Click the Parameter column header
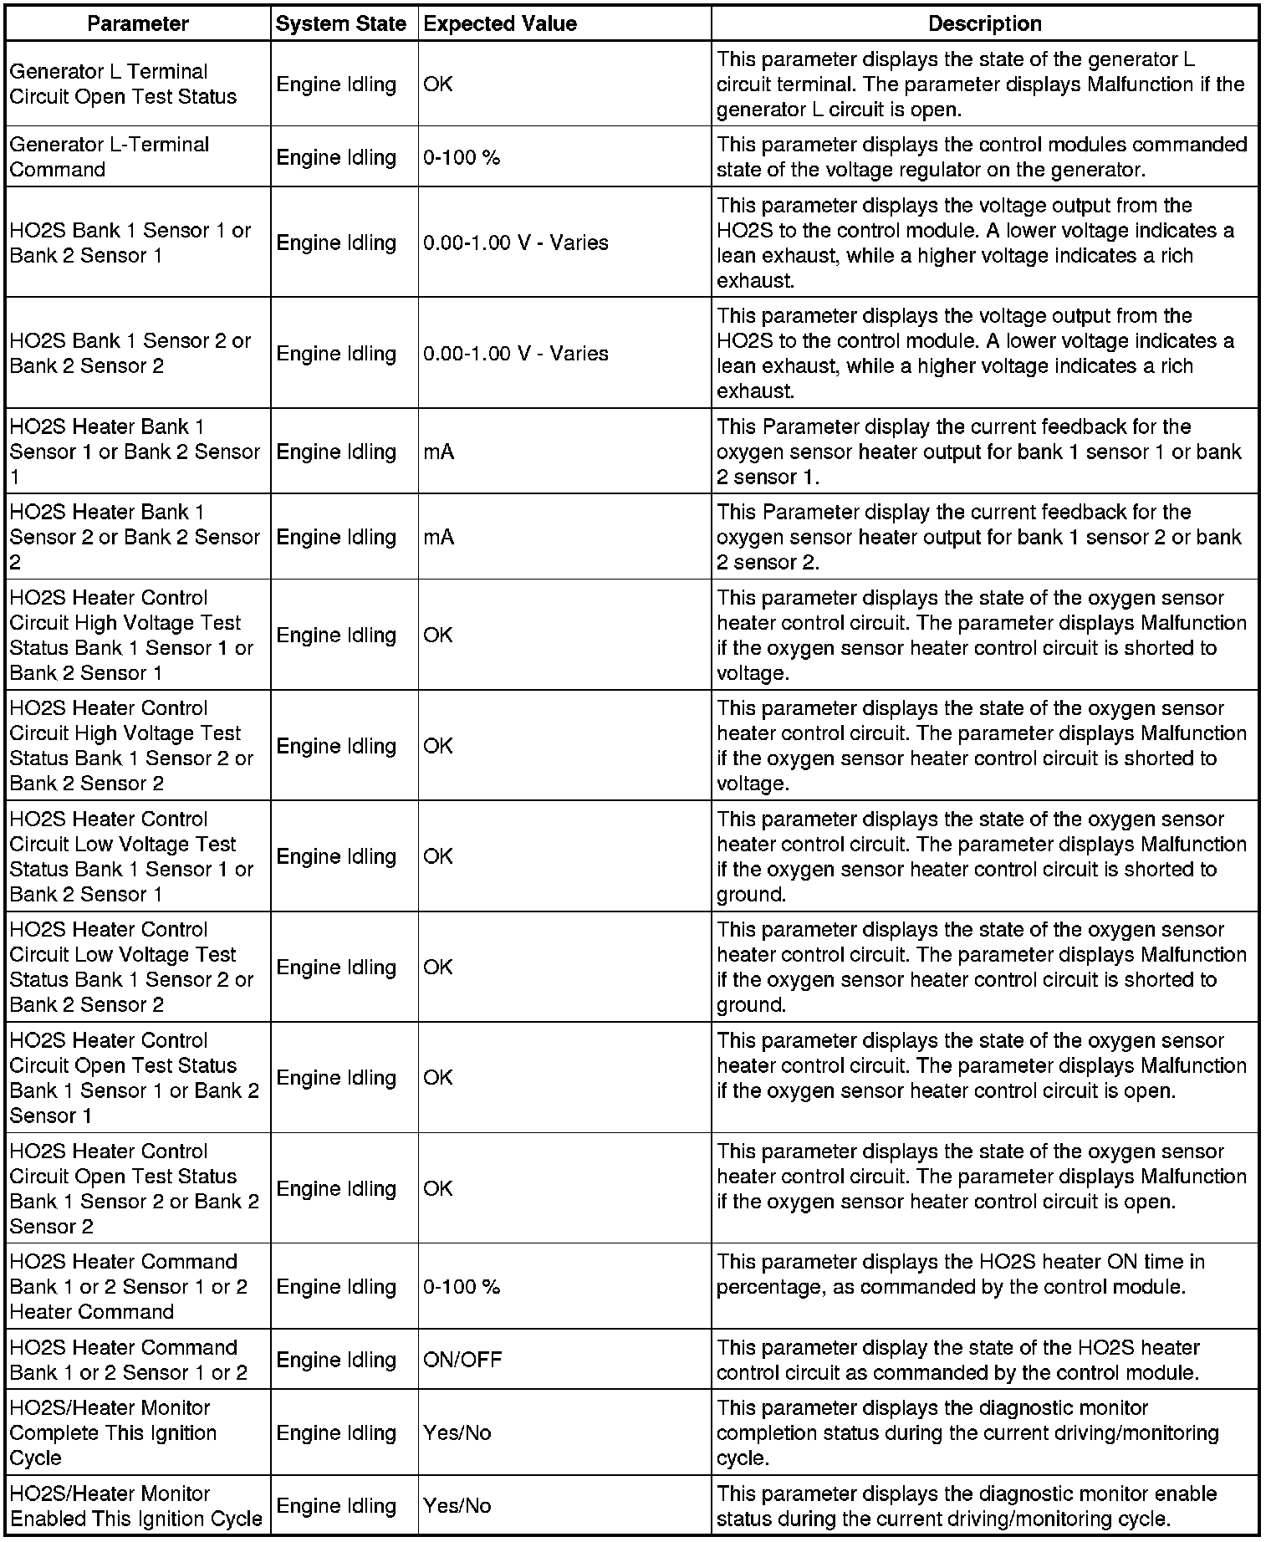(x=138, y=23)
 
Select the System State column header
(x=341, y=23)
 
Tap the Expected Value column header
(x=500, y=23)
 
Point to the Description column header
(x=985, y=23)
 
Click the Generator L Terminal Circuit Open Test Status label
(x=124, y=84)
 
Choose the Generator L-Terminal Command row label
(x=110, y=157)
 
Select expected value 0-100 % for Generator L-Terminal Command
(x=462, y=157)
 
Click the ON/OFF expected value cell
(x=462, y=1360)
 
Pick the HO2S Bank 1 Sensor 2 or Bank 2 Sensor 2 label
(x=130, y=353)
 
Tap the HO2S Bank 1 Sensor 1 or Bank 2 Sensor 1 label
(x=130, y=243)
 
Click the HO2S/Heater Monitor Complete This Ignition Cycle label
(x=113, y=1432)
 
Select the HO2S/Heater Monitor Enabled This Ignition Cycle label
(x=136, y=1506)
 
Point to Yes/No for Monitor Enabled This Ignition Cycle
(x=457, y=1506)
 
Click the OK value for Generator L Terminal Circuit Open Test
(x=438, y=84)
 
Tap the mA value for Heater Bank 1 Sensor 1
(x=439, y=452)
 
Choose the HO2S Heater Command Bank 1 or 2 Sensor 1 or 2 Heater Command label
(x=128, y=1286)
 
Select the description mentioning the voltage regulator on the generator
(x=981, y=157)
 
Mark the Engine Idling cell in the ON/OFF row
(x=336, y=1360)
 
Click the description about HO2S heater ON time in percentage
(x=960, y=1274)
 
